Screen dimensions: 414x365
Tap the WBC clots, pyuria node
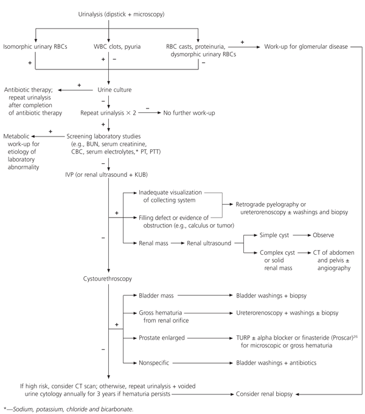[x=109, y=46]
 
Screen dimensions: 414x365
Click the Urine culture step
[x=109, y=90]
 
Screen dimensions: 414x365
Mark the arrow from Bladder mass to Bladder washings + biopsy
[x=204, y=296]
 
